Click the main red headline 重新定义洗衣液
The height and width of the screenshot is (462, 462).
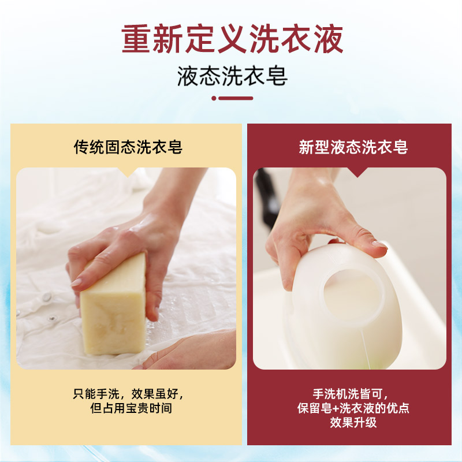point(232,39)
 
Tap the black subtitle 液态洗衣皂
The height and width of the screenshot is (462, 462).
point(232,76)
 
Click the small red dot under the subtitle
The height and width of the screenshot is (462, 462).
point(214,98)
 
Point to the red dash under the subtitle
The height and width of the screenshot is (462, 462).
point(236,98)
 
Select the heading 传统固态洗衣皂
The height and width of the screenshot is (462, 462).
point(128,147)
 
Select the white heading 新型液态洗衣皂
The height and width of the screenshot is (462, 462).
point(353,147)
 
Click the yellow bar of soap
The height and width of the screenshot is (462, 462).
point(114,305)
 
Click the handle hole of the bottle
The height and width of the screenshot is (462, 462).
point(353,298)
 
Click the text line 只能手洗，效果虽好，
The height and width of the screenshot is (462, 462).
point(128,394)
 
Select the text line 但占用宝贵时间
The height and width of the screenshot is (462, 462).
point(131,408)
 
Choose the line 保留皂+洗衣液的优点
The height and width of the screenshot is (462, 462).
point(353,408)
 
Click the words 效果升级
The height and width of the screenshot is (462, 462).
point(353,423)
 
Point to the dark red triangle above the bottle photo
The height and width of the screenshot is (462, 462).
point(357,172)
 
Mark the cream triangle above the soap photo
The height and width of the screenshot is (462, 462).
point(128,172)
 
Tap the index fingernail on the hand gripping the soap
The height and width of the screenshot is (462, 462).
point(76,282)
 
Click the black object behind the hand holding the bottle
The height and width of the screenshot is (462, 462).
point(267,200)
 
